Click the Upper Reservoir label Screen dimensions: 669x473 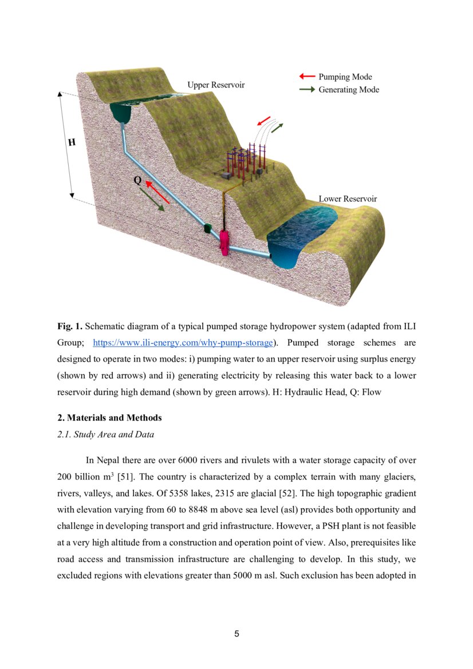tap(216, 85)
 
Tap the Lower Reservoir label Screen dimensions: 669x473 tap(348, 199)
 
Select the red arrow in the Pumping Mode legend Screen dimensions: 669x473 tap(308, 77)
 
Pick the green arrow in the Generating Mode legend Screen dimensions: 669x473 tap(308, 90)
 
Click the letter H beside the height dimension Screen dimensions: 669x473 tap(72, 142)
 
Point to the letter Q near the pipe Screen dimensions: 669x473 tap(137, 180)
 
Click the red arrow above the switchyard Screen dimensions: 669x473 tap(263, 121)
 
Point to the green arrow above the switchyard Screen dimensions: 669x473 tap(277, 127)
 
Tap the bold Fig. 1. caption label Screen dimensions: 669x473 tap(70, 326)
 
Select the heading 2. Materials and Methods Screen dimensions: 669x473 tap(109, 418)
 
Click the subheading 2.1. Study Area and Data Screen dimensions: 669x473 tap(105, 434)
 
